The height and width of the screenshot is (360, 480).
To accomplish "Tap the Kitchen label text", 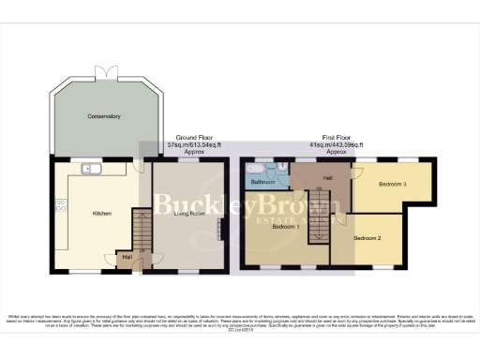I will pyautogui.click(x=101, y=214).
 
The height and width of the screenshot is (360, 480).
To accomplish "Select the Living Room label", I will pyautogui.click(x=191, y=214).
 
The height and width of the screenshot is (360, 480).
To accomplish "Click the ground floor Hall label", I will pyautogui.click(x=126, y=255).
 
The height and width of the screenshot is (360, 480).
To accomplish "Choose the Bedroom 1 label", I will pyautogui.click(x=285, y=226).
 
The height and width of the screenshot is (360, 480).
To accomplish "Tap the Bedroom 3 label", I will pyautogui.click(x=392, y=184).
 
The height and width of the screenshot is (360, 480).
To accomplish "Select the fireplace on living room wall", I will pyautogui.click(x=222, y=228).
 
